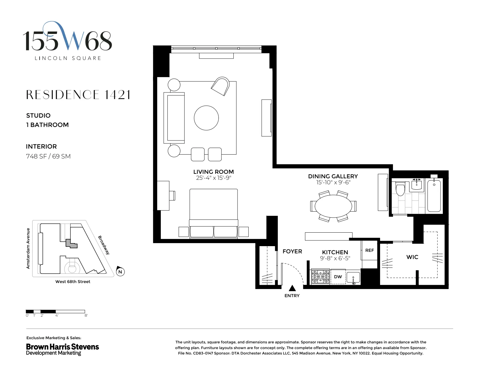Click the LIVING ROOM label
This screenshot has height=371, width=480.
coord(213,172)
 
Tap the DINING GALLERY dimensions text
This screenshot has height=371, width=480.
coord(333,182)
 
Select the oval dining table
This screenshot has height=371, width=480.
coord(333,206)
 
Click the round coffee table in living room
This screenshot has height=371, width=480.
coord(206,118)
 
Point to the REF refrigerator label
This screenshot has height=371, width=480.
coord(369,250)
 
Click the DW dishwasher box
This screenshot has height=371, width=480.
coord(338,277)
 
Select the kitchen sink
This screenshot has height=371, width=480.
coord(353,277)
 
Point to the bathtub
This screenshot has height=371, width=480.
coord(434,196)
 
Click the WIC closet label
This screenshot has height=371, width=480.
coord(412,257)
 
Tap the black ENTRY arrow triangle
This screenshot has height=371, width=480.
coord(292,288)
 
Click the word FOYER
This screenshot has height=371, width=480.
coord(292,251)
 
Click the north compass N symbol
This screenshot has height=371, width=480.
coord(120,272)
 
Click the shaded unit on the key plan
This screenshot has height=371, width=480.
coord(71,243)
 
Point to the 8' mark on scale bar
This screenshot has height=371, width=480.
coord(86,315)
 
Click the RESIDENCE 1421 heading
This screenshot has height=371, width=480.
coord(78,95)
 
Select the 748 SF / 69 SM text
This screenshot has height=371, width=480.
coord(48,156)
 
